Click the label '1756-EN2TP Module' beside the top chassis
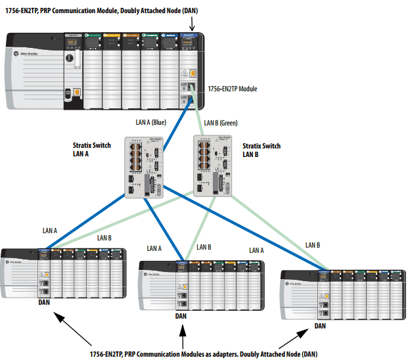pos(232,89)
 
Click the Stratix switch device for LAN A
pos(144,167)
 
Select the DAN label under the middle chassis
pos(181,315)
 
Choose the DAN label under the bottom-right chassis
pos(321,325)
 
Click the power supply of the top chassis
pos(33,71)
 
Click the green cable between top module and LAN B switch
pos(197,118)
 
